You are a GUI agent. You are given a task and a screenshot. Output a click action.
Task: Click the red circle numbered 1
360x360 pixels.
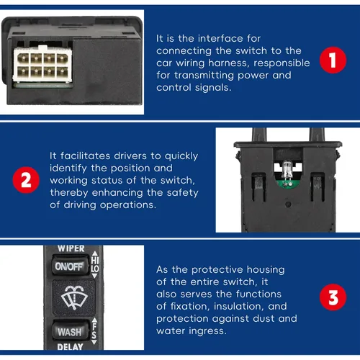(333, 60)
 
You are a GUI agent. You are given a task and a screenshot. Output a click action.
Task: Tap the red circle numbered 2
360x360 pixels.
(26, 180)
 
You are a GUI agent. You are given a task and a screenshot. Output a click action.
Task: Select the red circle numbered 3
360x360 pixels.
(333, 297)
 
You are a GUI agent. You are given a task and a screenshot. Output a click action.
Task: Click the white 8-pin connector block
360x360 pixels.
(42, 64)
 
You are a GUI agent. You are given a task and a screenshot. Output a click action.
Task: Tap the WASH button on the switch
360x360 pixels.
(71, 331)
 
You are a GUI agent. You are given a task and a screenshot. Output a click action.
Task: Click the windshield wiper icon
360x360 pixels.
(74, 297)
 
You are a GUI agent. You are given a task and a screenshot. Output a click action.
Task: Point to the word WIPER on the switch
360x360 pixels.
(71, 248)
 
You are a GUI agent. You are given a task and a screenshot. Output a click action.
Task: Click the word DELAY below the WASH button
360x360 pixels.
(70, 346)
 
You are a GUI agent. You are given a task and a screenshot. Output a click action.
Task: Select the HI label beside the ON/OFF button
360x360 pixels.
(95, 260)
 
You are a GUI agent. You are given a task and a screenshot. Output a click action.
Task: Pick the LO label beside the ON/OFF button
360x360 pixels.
(95, 269)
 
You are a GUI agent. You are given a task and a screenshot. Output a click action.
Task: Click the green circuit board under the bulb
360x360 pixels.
(287, 184)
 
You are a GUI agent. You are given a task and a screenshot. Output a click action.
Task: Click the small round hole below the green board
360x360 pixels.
(288, 204)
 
